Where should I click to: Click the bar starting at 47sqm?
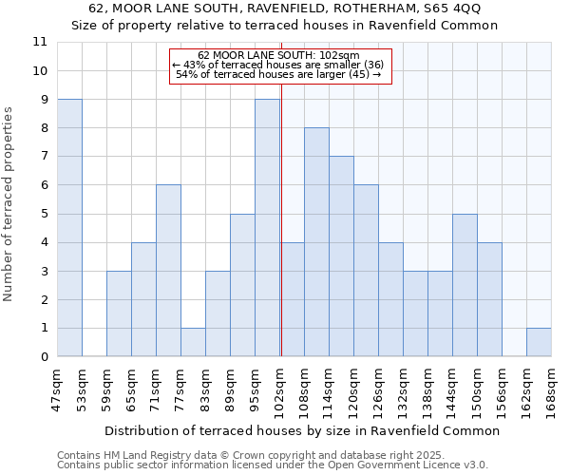[69, 228]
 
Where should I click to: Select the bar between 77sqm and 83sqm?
[193, 342]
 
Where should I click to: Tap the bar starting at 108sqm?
[316, 242]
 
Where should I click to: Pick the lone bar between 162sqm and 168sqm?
[539, 342]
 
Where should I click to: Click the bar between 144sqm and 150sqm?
[465, 285]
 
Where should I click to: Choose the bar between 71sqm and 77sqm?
[168, 271]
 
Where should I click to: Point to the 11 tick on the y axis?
[40, 42]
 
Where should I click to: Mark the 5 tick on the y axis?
[43, 214]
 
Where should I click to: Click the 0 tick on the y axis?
[43, 357]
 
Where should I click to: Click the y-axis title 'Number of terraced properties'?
[9, 204]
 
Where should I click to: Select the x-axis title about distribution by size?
[302, 430]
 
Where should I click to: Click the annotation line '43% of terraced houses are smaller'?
[278, 65]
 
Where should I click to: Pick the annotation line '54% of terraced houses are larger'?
[278, 74]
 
